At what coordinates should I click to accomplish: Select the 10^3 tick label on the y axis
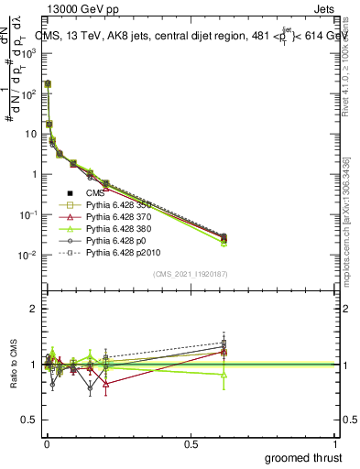(x=28, y=53)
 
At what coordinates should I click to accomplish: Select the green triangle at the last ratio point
(x=224, y=375)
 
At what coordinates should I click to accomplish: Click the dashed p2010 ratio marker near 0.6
(x=224, y=343)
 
